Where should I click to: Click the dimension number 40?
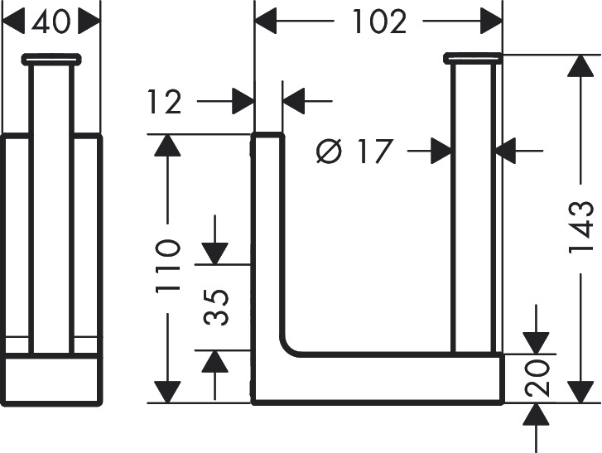[x=53, y=22]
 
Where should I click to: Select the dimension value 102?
[x=378, y=22]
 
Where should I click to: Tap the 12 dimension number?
[x=166, y=102]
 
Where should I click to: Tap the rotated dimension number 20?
[x=537, y=377]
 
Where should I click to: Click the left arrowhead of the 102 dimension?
[x=266, y=22]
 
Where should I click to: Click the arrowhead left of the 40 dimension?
[x=16, y=22]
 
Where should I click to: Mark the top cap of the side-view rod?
[x=52, y=59]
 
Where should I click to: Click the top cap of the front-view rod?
[x=474, y=57]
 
